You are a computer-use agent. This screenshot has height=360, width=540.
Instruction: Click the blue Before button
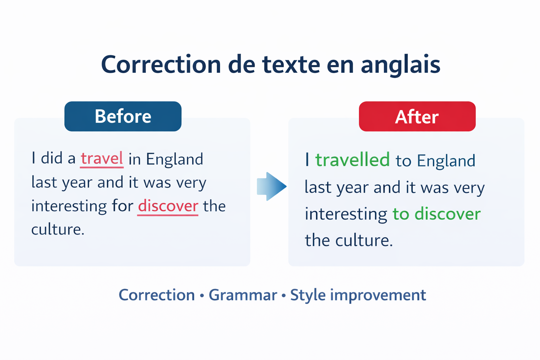123,116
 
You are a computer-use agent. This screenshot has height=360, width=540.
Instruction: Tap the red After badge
417,116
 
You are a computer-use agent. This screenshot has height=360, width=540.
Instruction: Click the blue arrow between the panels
272,186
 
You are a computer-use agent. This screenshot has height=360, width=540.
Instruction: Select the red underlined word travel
102,159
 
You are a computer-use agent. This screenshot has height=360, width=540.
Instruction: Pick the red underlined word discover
168,206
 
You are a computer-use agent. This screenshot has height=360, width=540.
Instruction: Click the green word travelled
353,160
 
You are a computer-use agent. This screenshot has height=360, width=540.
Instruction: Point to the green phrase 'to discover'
437,214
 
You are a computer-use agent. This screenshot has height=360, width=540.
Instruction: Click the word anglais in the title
400,65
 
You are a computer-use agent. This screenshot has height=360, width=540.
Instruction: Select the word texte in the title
291,65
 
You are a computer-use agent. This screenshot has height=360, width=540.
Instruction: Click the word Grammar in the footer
243,295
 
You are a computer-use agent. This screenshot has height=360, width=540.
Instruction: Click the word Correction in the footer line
157,295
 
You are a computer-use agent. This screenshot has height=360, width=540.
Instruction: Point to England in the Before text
174,159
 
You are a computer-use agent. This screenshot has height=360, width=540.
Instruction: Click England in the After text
446,161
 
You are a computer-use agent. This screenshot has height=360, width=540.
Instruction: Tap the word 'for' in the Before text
122,206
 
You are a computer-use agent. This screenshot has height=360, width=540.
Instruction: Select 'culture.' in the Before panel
58,229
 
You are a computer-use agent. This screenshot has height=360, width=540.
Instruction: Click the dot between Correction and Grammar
202,296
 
